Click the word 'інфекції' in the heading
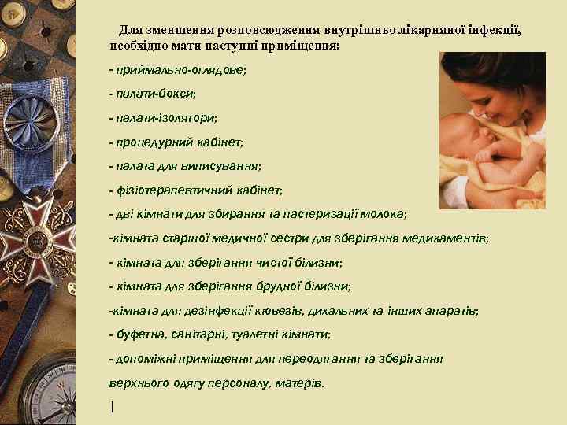point(494,30)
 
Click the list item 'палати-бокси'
point(154,94)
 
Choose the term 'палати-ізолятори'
point(165,118)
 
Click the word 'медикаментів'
point(450,238)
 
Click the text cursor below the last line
point(113,407)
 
